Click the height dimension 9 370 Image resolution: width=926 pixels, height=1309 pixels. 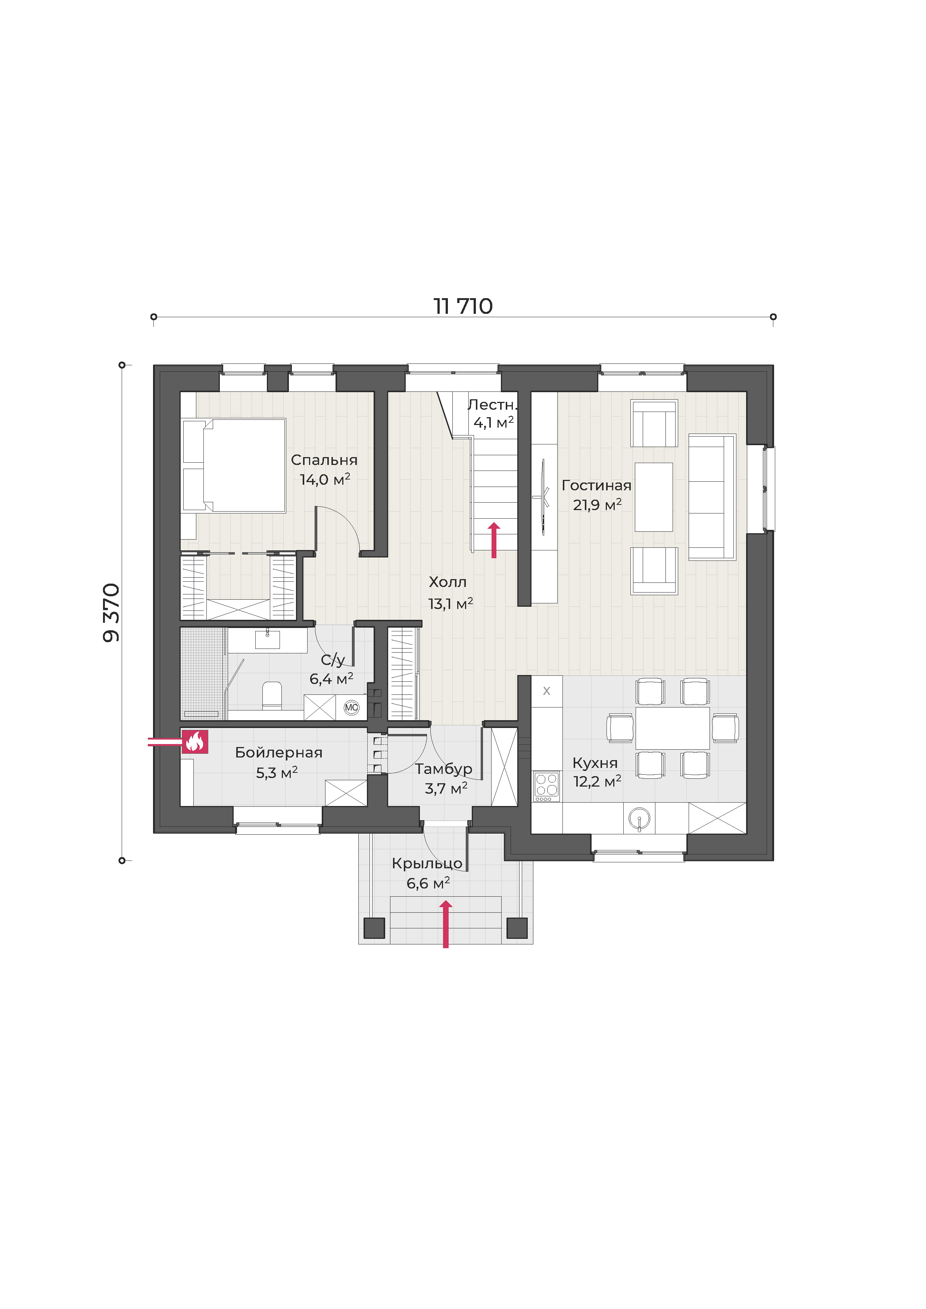[111, 612]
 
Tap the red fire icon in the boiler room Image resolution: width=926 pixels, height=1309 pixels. [195, 742]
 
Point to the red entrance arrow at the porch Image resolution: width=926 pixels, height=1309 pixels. [446, 924]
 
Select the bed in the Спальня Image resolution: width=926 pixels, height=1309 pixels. [234, 466]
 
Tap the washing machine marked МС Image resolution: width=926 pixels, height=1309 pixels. [351, 707]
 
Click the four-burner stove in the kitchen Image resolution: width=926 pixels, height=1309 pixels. [546, 786]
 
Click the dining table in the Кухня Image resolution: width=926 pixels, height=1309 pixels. [673, 728]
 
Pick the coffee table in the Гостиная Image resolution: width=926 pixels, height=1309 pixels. [654, 497]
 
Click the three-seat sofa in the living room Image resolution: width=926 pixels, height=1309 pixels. [712, 497]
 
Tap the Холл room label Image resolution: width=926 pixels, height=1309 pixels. [448, 582]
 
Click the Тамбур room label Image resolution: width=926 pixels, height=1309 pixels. [444, 769]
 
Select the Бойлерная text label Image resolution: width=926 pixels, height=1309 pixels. [279, 753]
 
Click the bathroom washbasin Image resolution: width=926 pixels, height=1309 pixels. [267, 639]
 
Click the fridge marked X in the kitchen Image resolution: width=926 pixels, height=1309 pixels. [547, 691]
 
